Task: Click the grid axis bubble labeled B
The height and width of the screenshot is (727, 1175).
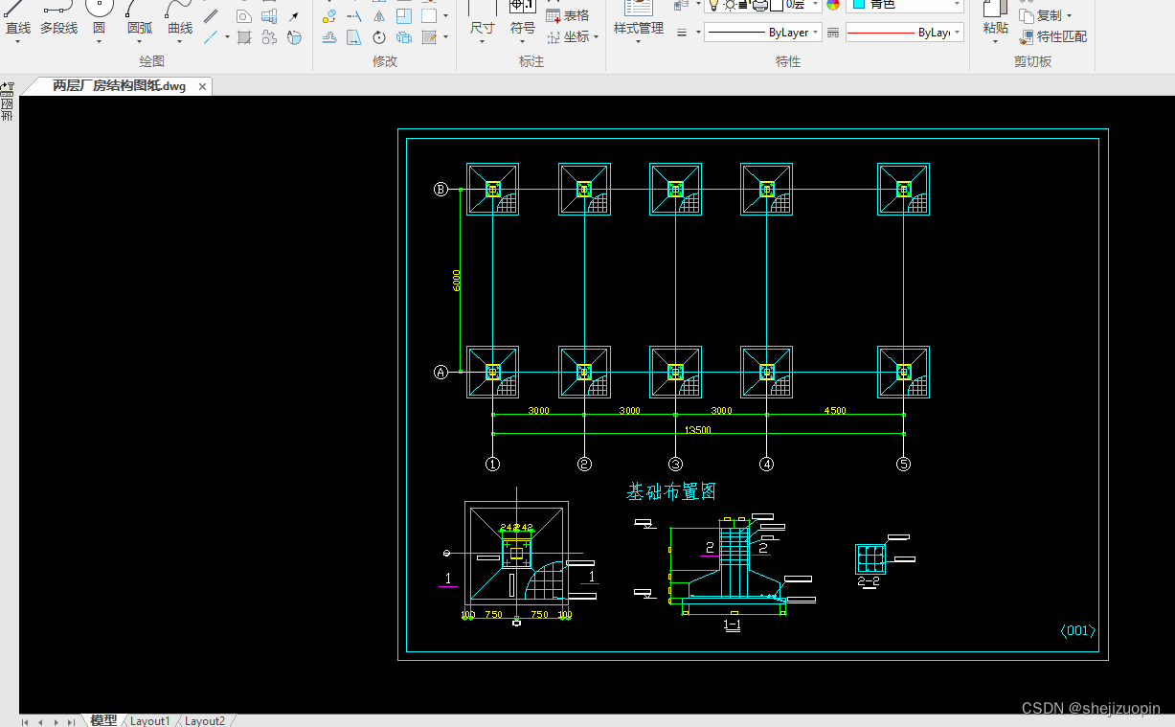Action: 441,190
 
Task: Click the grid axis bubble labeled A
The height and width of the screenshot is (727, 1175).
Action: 441,373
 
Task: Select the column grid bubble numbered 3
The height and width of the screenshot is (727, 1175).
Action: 675,465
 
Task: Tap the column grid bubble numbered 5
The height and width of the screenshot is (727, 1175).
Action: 904,465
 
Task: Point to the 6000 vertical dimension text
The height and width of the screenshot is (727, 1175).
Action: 457,280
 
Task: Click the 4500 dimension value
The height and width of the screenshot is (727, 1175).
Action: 835,411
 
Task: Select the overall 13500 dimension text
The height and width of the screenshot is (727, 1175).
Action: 697,430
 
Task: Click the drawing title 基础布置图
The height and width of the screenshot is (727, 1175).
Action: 671,492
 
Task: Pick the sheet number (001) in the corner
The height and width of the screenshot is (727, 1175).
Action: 1077,630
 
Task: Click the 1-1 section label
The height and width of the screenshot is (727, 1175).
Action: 732,625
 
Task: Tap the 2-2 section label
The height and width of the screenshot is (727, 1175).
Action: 869,580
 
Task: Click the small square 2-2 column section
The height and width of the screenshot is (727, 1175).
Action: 870,558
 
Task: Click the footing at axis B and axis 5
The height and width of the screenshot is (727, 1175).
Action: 903,190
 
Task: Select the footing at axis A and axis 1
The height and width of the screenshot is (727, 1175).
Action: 492,373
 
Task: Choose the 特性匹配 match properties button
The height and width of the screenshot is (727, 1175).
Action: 1053,36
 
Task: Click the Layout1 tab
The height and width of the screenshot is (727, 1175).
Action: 149,720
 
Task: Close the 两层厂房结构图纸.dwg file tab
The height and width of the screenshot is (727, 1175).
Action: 202,86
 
